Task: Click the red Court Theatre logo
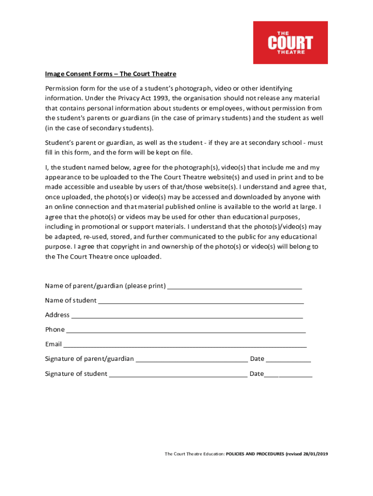pyautogui.click(x=290, y=43)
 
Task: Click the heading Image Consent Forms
pyautogui.click(x=110, y=74)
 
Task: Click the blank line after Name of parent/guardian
pyautogui.click(x=234, y=287)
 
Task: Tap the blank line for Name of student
pyautogui.click(x=201, y=302)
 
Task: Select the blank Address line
pyautogui.click(x=187, y=316)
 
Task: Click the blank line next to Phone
pyautogui.click(x=186, y=331)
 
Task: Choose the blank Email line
pyautogui.click(x=185, y=346)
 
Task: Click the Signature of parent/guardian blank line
pyautogui.click(x=192, y=360)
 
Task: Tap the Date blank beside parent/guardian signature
pyautogui.click(x=289, y=360)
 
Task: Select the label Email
pyautogui.click(x=53, y=344)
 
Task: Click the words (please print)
pyautogui.click(x=145, y=286)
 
